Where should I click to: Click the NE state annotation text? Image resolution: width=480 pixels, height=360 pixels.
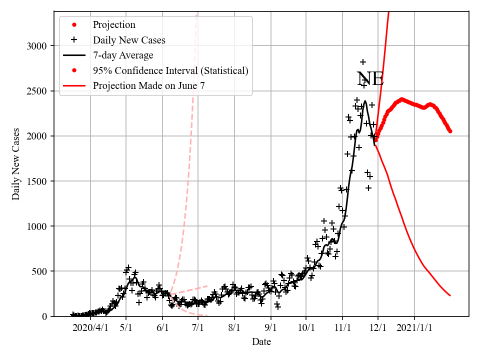[370, 79]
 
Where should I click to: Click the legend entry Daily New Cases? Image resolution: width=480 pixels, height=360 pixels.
[129, 40]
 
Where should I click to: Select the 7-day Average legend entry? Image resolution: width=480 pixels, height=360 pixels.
[123, 55]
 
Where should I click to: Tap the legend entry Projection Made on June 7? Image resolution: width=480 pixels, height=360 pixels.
[148, 85]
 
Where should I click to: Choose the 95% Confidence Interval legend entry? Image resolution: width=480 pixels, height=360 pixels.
[170, 70]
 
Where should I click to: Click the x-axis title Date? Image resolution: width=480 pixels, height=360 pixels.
[261, 342]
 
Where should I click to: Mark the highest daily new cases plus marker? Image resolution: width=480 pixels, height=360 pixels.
[363, 62]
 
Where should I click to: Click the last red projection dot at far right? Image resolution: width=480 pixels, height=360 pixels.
[450, 131]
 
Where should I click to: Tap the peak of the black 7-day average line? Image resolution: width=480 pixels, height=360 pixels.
[365, 101]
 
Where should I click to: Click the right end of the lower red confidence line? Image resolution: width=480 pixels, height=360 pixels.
[450, 295]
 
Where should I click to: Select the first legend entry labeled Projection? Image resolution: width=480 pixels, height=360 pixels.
[114, 24]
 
